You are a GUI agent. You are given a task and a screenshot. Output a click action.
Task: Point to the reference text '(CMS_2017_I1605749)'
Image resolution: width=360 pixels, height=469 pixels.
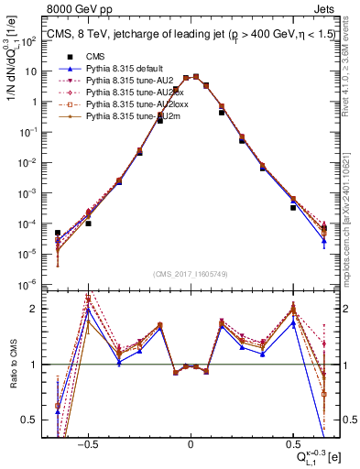point(190,274)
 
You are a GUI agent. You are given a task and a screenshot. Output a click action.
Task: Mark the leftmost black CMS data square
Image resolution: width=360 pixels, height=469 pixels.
point(58,233)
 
